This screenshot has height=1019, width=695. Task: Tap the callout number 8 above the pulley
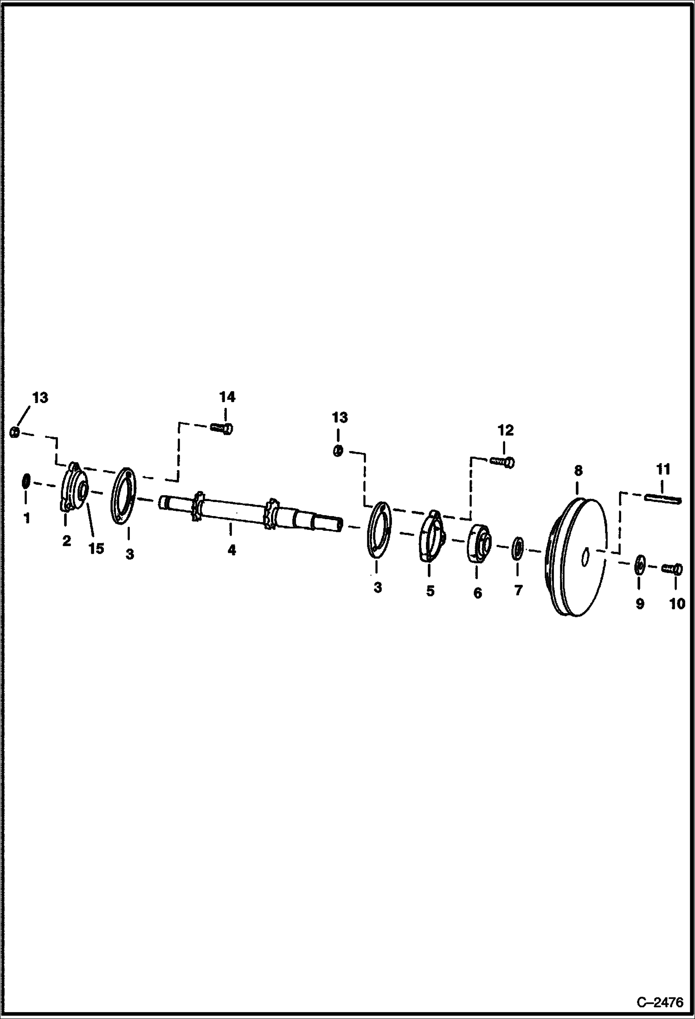(x=578, y=471)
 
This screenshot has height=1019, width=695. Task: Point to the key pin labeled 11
(x=663, y=498)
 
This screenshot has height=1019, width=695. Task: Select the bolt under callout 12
(x=502, y=462)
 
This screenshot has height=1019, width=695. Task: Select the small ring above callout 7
(x=518, y=547)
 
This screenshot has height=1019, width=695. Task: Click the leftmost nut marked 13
(x=14, y=432)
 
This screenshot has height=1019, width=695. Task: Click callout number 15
(x=96, y=549)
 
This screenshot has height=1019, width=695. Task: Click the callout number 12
(x=505, y=431)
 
